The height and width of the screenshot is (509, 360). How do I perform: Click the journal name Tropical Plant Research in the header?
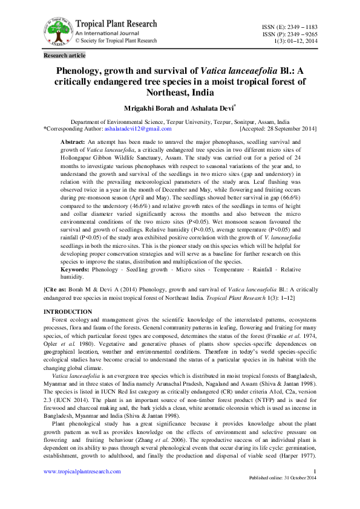pos(116,24)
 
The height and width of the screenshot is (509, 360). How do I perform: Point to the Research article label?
pos(65,56)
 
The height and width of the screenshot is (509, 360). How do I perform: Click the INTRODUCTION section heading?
pos(68,311)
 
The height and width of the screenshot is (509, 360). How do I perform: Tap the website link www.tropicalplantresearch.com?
pos(82,472)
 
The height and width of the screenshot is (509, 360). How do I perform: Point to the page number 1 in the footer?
pos(315,472)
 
